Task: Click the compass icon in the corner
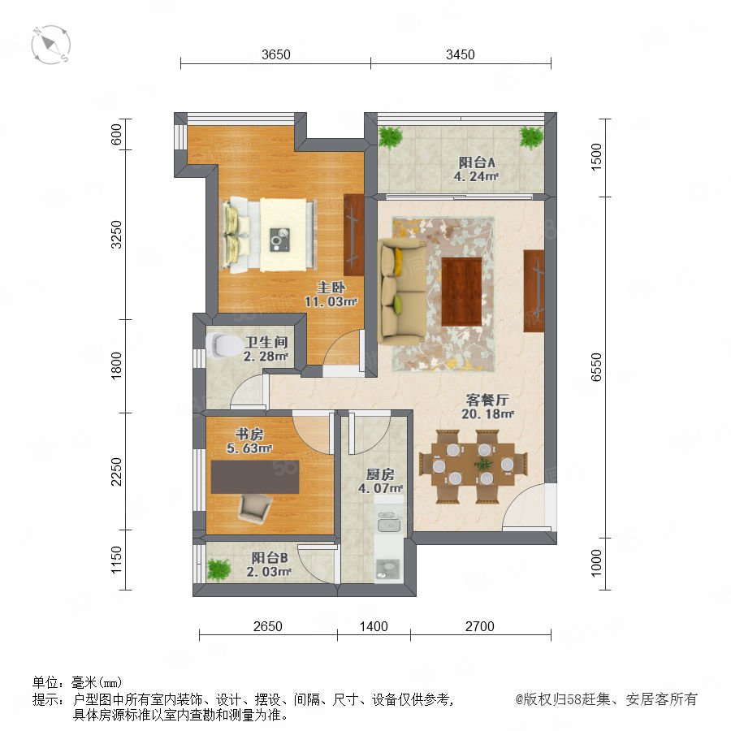tap(51, 45)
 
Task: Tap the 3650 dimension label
tap(276, 54)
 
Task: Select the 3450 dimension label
tap(461, 54)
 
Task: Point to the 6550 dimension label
tap(596, 367)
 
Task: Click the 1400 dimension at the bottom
tap(374, 626)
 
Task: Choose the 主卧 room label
tap(331, 288)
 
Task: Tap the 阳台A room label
tap(477, 162)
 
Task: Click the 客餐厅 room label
tap(487, 400)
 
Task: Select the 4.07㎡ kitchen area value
tap(380, 489)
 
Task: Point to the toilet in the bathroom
tap(222, 345)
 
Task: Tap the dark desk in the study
tap(255, 477)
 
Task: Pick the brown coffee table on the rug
tap(461, 292)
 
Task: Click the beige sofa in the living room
tap(402, 292)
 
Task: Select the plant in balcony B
tap(218, 569)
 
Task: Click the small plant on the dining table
tap(483, 464)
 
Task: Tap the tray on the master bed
tap(280, 240)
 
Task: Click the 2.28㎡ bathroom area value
tap(266, 357)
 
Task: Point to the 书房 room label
tap(249, 434)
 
